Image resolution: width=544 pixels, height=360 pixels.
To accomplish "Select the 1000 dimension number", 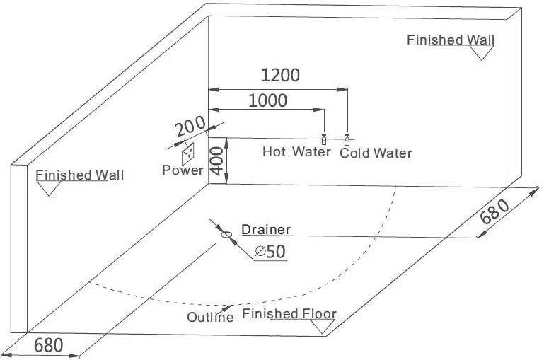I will pos(268,101).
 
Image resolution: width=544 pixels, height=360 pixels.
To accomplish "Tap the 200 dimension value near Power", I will pos(190,128).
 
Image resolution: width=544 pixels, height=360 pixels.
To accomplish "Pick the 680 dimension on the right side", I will pos(494,211).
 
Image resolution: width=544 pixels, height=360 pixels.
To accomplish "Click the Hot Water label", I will pos(296,151).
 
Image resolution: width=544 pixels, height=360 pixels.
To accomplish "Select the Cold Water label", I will pos(376,153).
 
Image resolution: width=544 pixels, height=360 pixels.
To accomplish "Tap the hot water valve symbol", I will pos(324,138).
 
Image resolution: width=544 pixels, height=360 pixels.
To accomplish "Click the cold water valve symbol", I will pos(347,138).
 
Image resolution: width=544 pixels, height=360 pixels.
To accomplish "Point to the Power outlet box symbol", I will pos(188,153).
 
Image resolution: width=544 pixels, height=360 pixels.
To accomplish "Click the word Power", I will pos(183,170).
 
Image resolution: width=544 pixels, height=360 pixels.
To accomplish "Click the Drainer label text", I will pos(265,229).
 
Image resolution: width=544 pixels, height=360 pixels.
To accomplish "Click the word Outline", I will pos(210,317).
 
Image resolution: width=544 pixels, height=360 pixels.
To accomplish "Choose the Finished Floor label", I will pos(289,313).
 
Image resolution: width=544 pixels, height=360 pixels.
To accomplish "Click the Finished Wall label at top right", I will pos(451,40).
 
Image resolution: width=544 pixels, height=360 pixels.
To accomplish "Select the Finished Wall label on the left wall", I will pos(79,175).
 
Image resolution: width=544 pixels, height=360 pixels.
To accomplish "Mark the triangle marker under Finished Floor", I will pos(325,327).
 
